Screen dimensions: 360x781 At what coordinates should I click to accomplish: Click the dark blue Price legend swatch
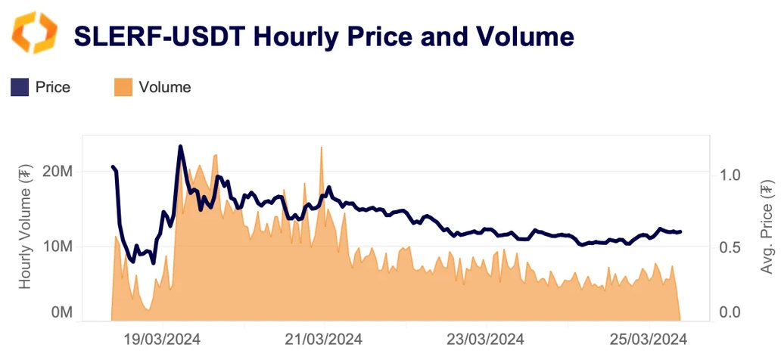tap(20, 87)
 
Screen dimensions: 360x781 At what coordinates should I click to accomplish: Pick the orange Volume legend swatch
tap(123, 87)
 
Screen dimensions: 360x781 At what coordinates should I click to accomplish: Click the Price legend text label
tap(52, 87)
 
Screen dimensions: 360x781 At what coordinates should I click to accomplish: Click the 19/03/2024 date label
tap(163, 339)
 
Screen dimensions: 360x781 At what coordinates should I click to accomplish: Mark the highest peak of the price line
tap(180, 146)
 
